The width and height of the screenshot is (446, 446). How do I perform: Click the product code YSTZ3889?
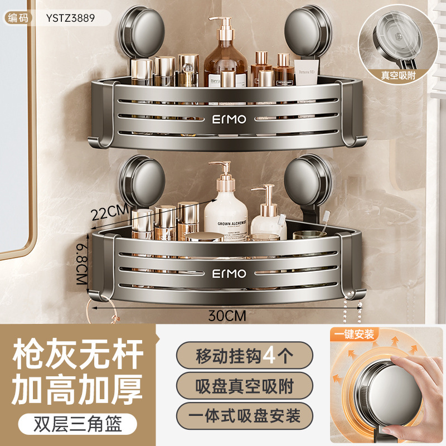67,17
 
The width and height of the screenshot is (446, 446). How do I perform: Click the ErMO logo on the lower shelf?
229,273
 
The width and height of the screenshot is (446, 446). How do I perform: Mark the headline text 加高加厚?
78,385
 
